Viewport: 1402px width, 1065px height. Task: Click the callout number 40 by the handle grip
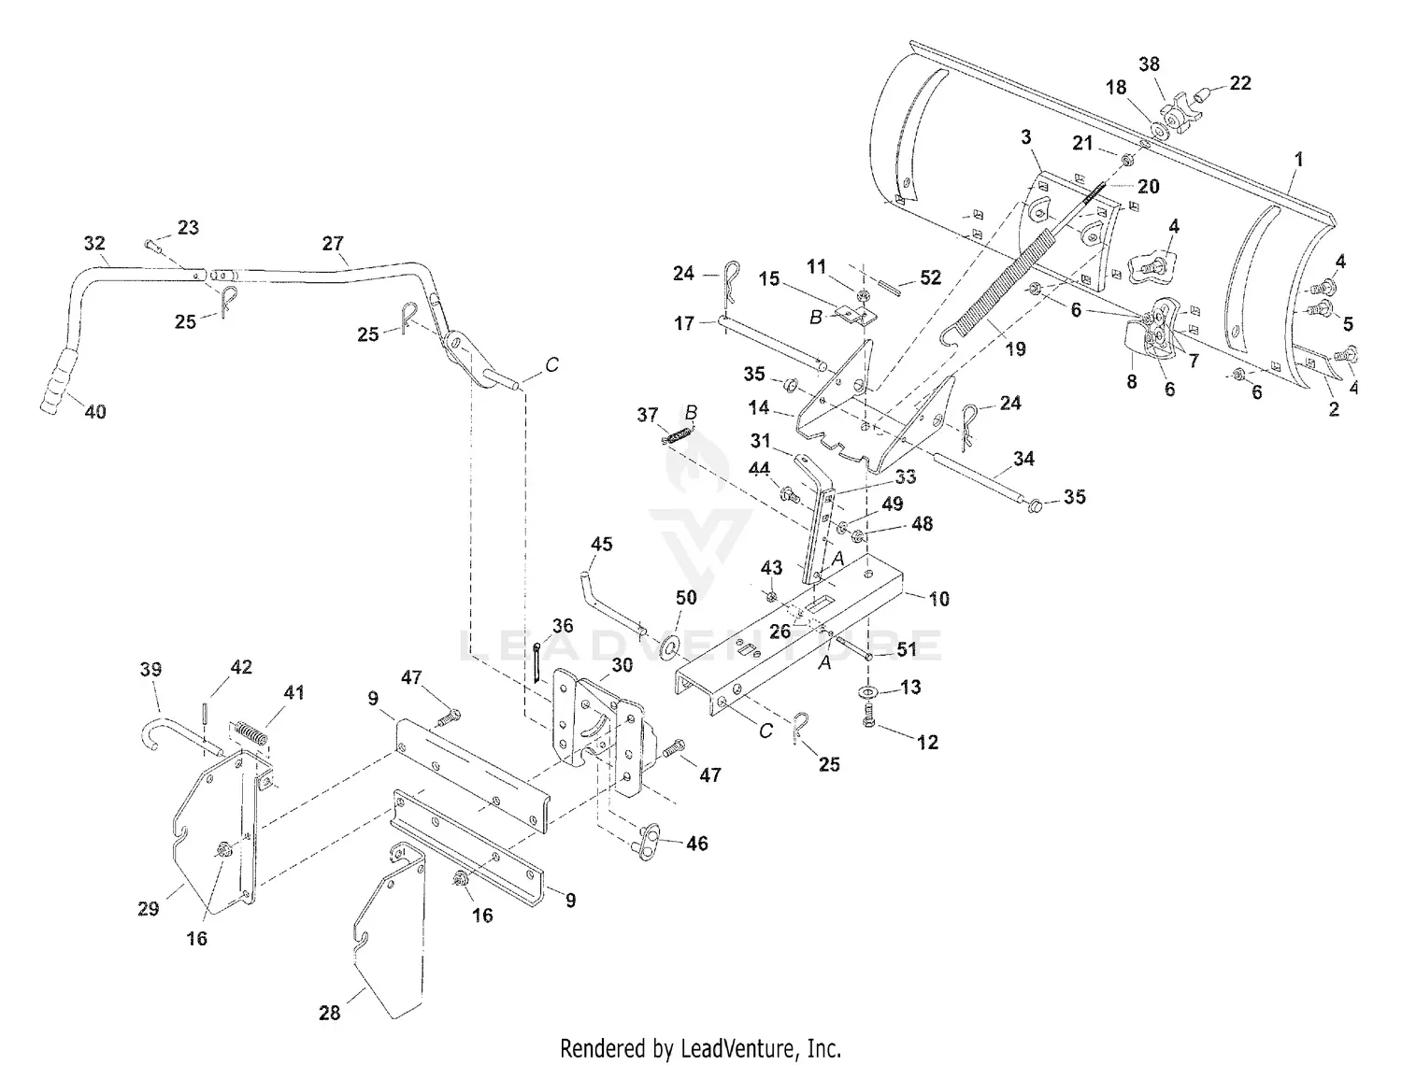(x=95, y=412)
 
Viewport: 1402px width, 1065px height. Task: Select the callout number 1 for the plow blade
(x=1298, y=159)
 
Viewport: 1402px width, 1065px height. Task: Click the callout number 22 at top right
(x=1239, y=83)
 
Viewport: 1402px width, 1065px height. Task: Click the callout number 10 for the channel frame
(x=938, y=599)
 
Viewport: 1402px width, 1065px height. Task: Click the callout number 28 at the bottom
(x=330, y=1013)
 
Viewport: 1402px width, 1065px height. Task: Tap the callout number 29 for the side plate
(x=149, y=909)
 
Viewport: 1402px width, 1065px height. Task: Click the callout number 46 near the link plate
(x=697, y=844)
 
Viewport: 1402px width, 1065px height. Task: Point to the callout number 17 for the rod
(x=683, y=323)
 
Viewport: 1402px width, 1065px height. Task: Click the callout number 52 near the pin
(x=931, y=277)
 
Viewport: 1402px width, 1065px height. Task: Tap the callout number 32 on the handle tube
(x=94, y=243)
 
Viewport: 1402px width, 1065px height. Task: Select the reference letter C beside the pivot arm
(x=551, y=364)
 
